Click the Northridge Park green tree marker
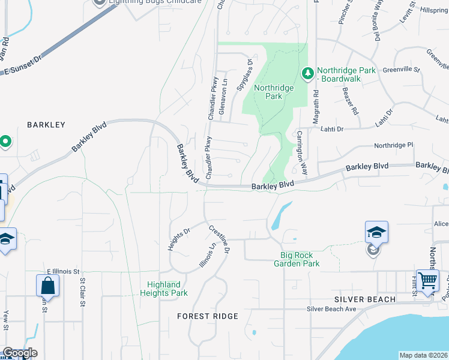point(308,73)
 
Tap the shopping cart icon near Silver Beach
point(427,280)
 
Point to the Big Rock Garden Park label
point(297,259)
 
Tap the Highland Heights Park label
point(164,289)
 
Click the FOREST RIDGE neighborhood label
point(208,316)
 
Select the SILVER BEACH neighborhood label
point(365,299)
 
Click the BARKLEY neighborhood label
point(46,125)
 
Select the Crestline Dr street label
point(219,239)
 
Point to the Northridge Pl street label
point(394,145)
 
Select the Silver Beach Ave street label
point(331,309)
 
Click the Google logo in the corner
point(20,353)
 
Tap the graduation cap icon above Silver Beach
point(376,232)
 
